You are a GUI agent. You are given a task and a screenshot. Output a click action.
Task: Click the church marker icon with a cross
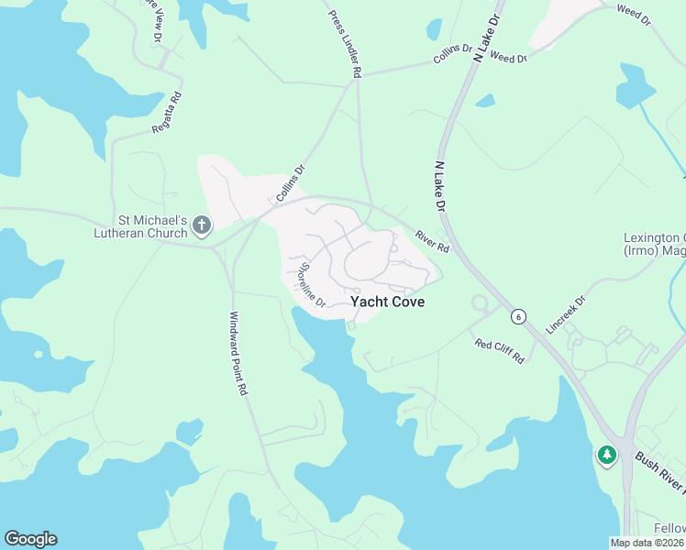(x=202, y=225)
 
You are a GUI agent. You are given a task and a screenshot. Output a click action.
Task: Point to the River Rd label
(x=431, y=241)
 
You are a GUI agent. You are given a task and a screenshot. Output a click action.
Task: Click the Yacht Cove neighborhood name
(x=387, y=302)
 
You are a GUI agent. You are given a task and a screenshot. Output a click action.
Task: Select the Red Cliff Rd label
(x=499, y=350)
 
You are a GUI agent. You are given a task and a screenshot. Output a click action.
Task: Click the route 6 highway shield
(x=519, y=316)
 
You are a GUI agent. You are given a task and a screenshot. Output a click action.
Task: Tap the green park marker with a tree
(x=605, y=455)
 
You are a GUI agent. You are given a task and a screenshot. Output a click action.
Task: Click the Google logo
(x=30, y=539)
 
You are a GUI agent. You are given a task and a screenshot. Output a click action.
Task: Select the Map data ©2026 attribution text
(x=647, y=543)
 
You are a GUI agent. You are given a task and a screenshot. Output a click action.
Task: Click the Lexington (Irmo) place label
(x=654, y=245)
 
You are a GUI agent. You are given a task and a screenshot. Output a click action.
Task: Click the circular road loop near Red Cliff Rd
(x=478, y=303)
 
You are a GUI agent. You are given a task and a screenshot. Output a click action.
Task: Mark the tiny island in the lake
(x=38, y=353)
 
